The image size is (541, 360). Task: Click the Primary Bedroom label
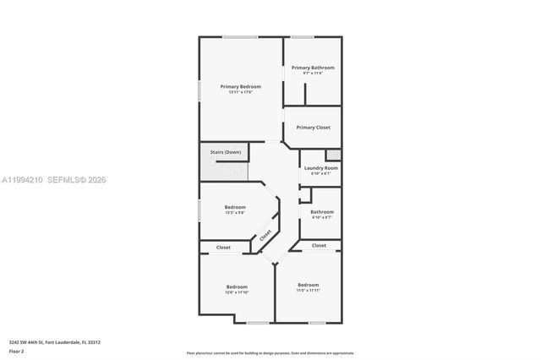pos(240,86)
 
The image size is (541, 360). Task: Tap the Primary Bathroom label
pos(313,68)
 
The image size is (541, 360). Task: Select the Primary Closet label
pos(313,128)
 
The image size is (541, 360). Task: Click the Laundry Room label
pos(320,168)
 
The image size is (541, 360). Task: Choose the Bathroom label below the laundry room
pos(322,212)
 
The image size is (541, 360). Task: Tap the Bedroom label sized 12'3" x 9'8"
pos(235,207)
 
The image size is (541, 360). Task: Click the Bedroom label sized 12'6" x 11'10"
pos(237,287)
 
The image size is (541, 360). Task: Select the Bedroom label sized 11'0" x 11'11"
pos(308,285)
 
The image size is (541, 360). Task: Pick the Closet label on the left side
pos(223,248)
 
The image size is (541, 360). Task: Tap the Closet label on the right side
pos(319,245)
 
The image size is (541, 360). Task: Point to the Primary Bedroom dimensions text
pos(240,92)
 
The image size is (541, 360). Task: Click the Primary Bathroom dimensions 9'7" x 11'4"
pos(313,74)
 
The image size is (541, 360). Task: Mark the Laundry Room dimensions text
pos(320,174)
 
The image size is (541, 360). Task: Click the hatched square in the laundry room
pos(333,155)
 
